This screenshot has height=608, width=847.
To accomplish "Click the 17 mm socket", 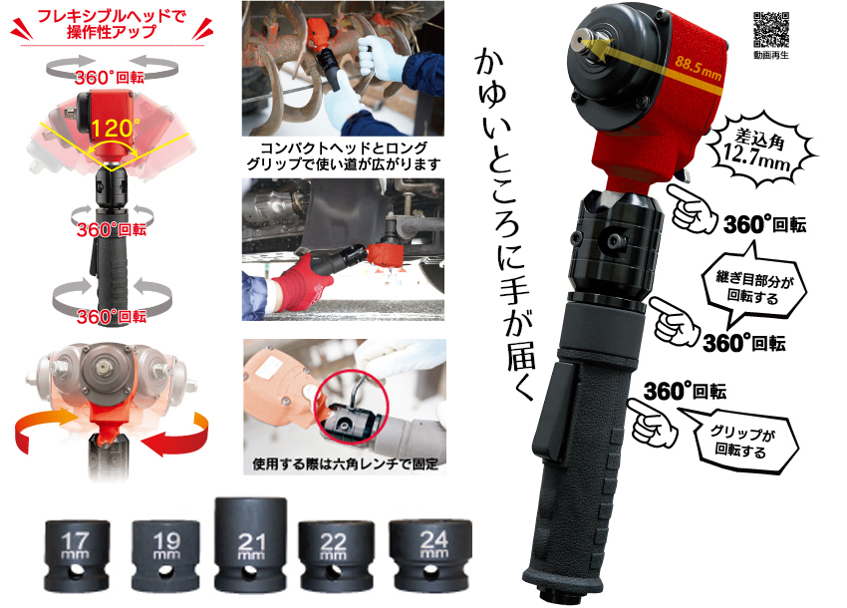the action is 77,555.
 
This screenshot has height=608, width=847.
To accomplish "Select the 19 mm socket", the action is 165,555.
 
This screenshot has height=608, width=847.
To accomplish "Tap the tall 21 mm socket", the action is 250,545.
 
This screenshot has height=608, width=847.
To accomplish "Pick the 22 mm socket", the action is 336,556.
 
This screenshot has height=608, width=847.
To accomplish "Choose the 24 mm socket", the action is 430,555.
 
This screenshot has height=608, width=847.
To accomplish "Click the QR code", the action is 771,30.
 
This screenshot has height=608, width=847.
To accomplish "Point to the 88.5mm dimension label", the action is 698,68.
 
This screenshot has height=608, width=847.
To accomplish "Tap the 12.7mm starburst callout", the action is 759,150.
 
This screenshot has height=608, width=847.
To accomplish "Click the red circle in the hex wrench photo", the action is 351,407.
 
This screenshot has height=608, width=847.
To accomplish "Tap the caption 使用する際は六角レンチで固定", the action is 345,464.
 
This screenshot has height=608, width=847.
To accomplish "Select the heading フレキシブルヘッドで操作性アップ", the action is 112,24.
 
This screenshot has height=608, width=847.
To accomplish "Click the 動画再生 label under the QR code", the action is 771,54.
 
